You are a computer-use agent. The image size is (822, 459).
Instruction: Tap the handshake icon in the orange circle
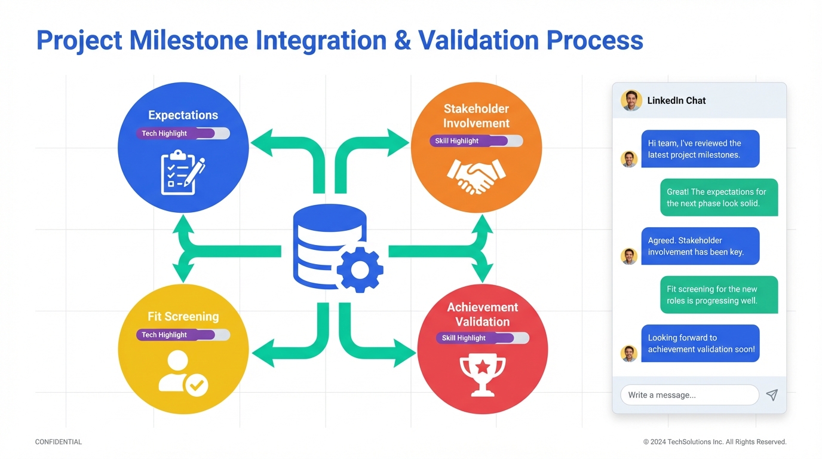click(476, 175)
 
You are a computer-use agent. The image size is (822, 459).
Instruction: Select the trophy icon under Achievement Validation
click(482, 375)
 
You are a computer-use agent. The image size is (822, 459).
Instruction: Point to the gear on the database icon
click(360, 270)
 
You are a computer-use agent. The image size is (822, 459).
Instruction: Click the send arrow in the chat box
click(772, 395)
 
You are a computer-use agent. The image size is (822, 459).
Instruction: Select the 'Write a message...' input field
click(689, 395)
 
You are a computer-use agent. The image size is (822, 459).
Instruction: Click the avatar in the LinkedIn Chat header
click(631, 100)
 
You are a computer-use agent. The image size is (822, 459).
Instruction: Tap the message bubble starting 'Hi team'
click(700, 149)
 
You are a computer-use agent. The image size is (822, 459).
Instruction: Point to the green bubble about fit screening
click(719, 295)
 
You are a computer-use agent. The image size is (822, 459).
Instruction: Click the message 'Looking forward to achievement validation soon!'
click(700, 343)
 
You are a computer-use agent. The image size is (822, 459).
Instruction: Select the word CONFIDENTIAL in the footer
click(59, 442)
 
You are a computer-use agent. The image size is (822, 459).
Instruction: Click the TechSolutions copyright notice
click(714, 442)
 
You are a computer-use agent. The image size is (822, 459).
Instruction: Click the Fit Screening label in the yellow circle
click(183, 317)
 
